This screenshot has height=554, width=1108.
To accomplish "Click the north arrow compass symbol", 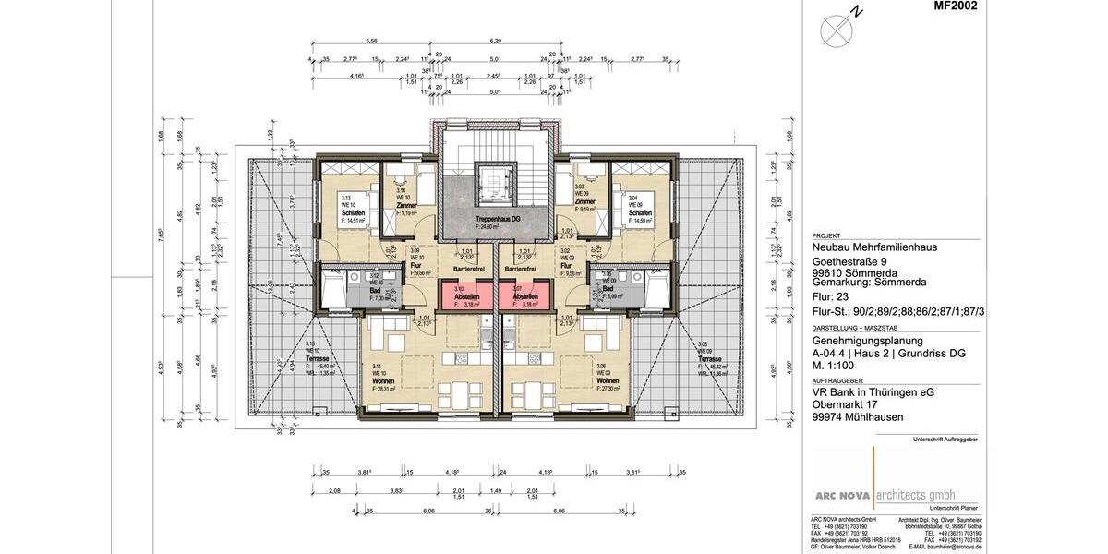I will pyautogui.click(x=836, y=30).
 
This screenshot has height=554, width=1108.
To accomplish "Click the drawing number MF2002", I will pyautogui.click(x=955, y=6).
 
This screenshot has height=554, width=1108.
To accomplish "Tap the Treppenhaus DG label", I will pyautogui.click(x=495, y=218).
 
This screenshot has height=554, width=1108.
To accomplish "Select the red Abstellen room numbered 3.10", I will pyautogui.click(x=467, y=296).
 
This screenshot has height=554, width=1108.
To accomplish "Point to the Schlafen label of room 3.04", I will pyautogui.click(x=640, y=213).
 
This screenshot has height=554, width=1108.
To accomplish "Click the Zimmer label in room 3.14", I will pyautogui.click(x=407, y=205).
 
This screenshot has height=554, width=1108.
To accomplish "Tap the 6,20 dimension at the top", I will pyautogui.click(x=495, y=42).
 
